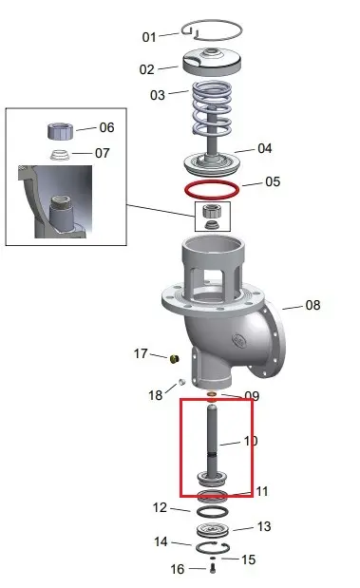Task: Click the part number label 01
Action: click(149, 37)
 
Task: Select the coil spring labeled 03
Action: click(212, 108)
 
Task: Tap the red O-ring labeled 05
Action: click(212, 189)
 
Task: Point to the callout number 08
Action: click(313, 305)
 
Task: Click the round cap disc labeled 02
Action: click(212, 61)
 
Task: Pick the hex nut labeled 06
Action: click(60, 131)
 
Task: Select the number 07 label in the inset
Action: click(102, 153)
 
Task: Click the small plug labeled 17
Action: click(175, 359)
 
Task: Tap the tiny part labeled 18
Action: click(181, 382)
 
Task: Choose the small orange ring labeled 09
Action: click(212, 394)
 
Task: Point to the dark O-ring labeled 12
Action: click(212, 511)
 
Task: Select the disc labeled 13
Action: click(213, 530)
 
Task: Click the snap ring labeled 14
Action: click(212, 547)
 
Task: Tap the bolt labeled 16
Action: click(213, 568)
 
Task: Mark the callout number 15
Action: click(248, 560)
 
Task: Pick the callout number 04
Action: click(264, 148)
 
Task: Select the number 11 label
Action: click(262, 491)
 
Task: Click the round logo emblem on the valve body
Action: click(238, 340)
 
